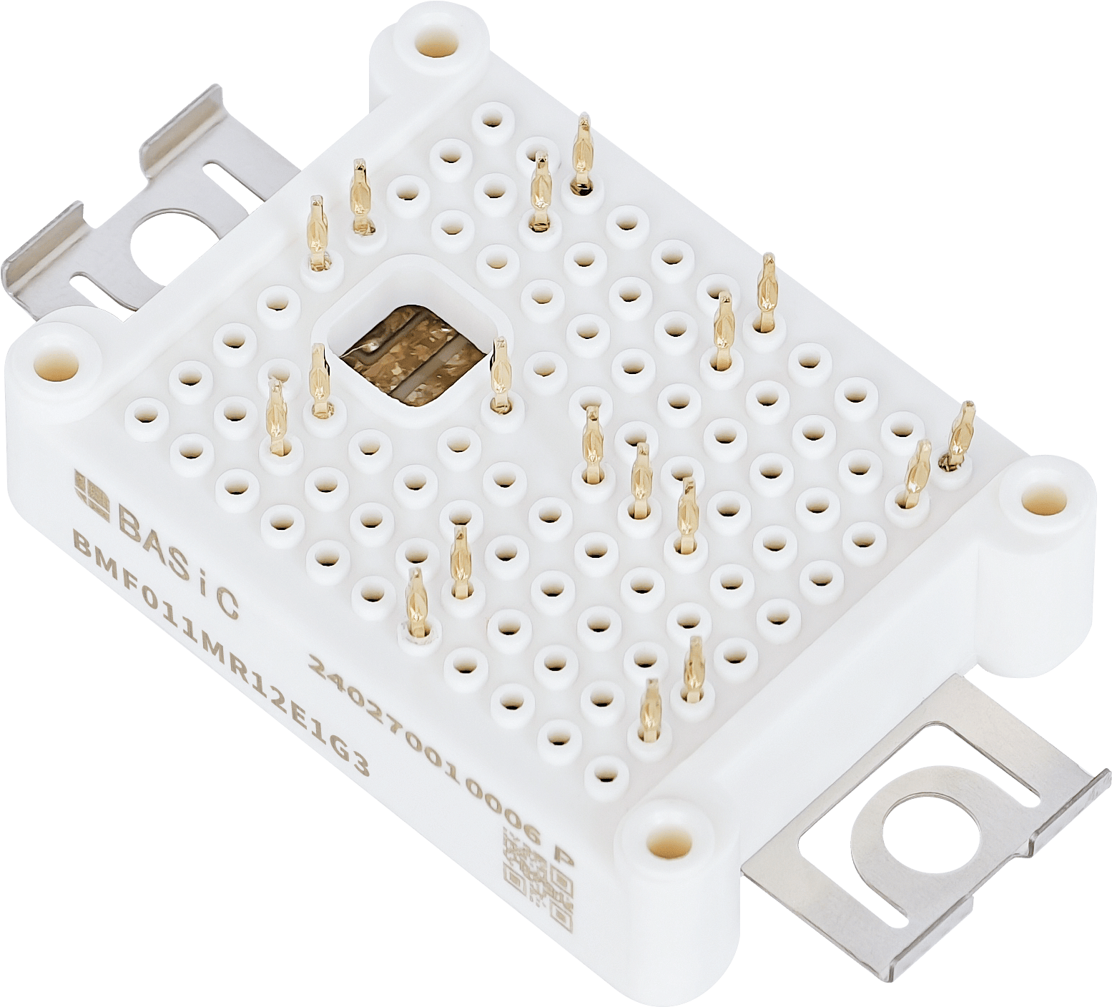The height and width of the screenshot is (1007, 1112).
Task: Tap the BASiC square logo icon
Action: (91, 493)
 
